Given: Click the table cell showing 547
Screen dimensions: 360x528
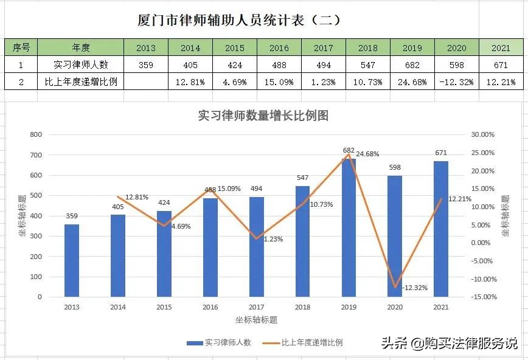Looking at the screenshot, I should point(368,65).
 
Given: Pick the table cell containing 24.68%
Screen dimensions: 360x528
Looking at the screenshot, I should point(412,82).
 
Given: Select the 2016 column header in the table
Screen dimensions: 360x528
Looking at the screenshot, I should point(279,47).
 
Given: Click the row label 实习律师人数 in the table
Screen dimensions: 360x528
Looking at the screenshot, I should point(81,65).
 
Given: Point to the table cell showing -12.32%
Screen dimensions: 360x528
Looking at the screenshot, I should point(456,82).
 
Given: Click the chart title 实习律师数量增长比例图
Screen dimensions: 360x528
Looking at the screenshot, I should point(263,116).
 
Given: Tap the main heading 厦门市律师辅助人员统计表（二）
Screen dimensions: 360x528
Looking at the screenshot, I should point(239,20).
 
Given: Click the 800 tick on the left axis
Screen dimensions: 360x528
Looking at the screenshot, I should point(36,135).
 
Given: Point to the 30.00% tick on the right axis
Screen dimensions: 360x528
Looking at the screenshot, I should point(484,135).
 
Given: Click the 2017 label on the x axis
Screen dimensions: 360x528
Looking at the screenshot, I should point(256,308).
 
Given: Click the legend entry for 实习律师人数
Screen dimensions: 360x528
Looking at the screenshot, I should point(220,343).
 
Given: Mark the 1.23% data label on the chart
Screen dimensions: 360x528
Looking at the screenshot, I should point(273,240).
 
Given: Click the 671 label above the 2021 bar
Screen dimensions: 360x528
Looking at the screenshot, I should point(442,153).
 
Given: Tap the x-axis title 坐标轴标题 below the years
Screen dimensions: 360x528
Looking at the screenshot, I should point(256,320).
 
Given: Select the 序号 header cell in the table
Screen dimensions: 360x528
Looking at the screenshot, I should point(21,47).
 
